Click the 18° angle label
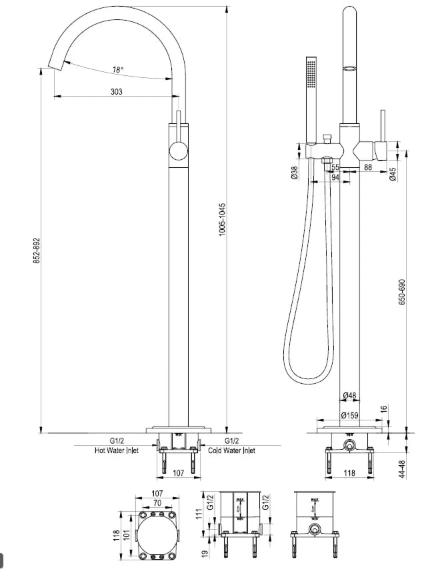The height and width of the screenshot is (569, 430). [x=118, y=69]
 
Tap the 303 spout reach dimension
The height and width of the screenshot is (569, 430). [x=116, y=92]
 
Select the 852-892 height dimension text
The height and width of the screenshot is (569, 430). [x=37, y=251]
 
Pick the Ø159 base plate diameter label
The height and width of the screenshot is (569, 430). [x=349, y=415]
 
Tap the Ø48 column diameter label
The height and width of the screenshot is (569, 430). [x=349, y=396]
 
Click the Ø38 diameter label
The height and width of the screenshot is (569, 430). [x=294, y=173]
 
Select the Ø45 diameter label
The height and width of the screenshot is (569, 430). [x=393, y=174]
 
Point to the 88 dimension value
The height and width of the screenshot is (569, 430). [x=368, y=167]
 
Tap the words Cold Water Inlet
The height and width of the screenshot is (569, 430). [x=231, y=450]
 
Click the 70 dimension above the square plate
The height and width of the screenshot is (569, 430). [x=157, y=504]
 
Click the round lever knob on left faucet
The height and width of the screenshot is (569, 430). [x=177, y=151]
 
